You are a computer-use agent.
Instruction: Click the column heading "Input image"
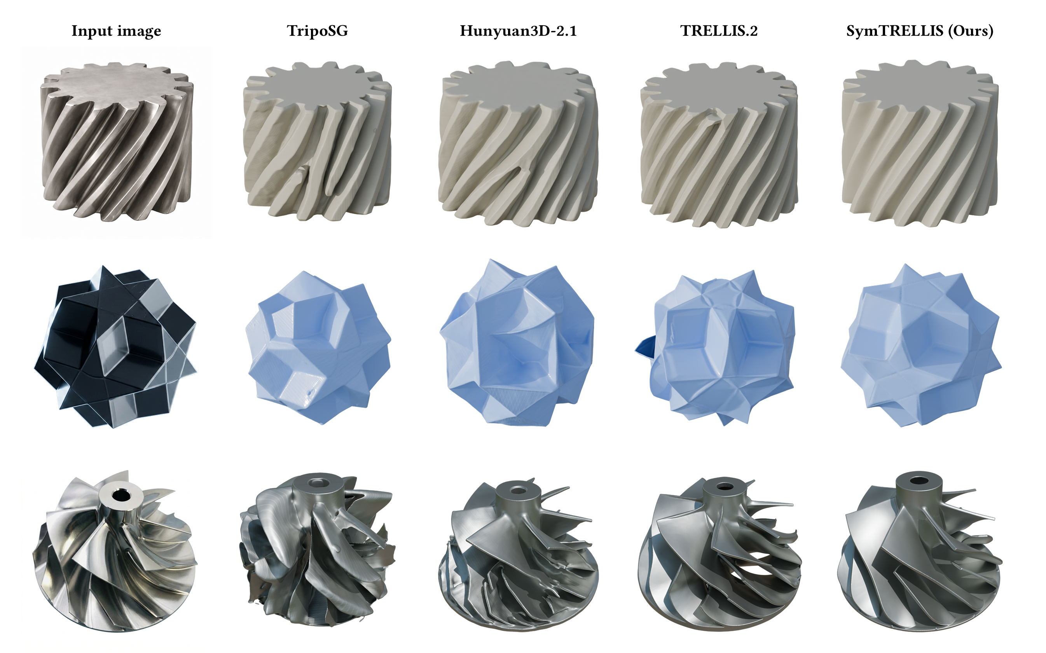[x=116, y=31]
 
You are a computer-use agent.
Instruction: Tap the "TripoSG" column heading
[x=318, y=31]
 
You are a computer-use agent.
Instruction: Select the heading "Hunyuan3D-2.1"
[x=518, y=31]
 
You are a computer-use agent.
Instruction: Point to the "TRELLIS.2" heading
[x=719, y=31]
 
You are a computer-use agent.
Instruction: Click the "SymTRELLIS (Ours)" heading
[x=920, y=31]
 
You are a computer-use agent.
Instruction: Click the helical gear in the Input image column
[x=117, y=142]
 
